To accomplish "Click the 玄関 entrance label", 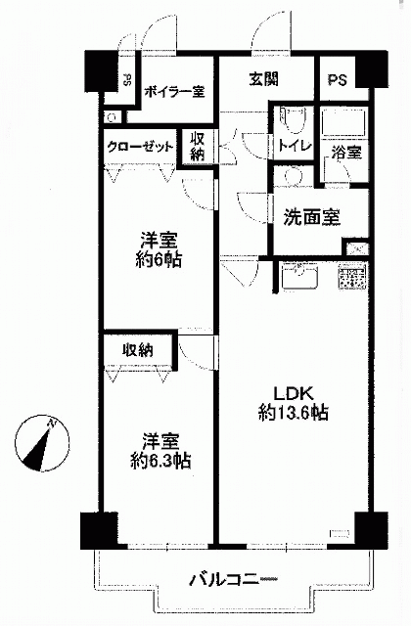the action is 263,79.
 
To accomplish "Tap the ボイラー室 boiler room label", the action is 174,92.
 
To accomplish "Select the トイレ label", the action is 295,146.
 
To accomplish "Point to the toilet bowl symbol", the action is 294,118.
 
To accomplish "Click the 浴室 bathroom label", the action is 346,153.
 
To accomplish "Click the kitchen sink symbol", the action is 300,276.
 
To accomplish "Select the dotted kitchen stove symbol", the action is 353,276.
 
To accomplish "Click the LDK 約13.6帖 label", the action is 294,403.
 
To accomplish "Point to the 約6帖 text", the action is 159,259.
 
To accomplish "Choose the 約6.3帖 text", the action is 160,461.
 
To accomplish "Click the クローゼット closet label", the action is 141,148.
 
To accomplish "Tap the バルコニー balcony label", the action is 234,579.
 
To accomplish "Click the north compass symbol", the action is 42,442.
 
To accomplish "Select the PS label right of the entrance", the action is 338,80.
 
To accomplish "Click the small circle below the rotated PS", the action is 113,117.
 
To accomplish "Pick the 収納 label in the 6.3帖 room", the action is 137,350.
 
